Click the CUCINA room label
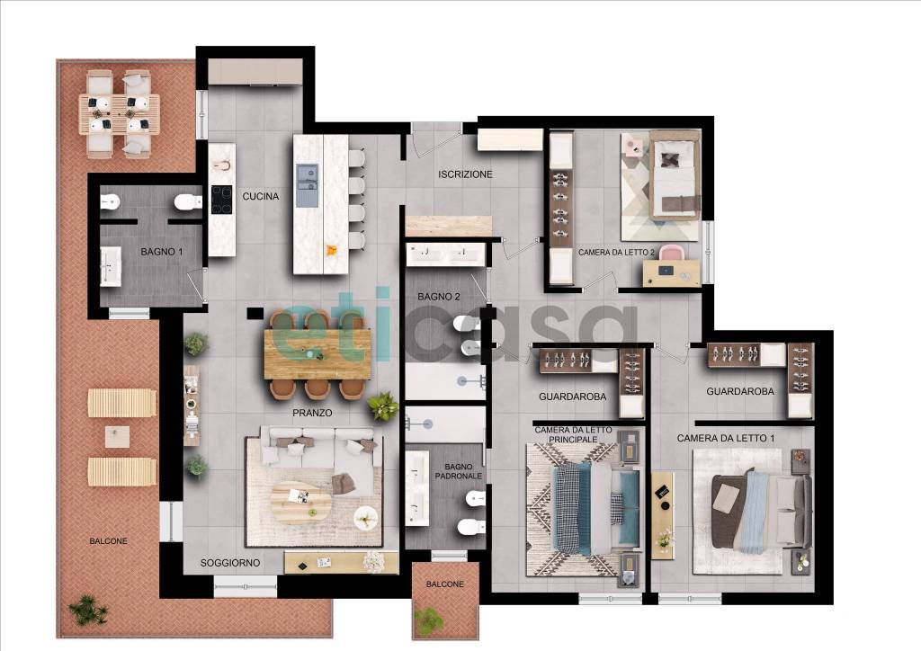click(261, 196)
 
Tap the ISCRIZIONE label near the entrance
click(465, 174)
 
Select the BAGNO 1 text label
click(162, 251)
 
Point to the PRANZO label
click(312, 413)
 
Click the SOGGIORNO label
click(230, 562)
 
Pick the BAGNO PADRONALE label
click(459, 471)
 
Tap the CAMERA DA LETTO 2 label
click(616, 253)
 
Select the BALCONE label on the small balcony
click(444, 584)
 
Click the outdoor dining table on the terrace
click(120, 114)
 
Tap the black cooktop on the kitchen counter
click(221, 200)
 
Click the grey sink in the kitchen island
click(308, 185)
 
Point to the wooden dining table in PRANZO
click(317, 353)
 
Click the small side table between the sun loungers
click(118, 437)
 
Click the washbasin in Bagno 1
click(111, 266)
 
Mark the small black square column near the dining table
click(255, 314)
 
